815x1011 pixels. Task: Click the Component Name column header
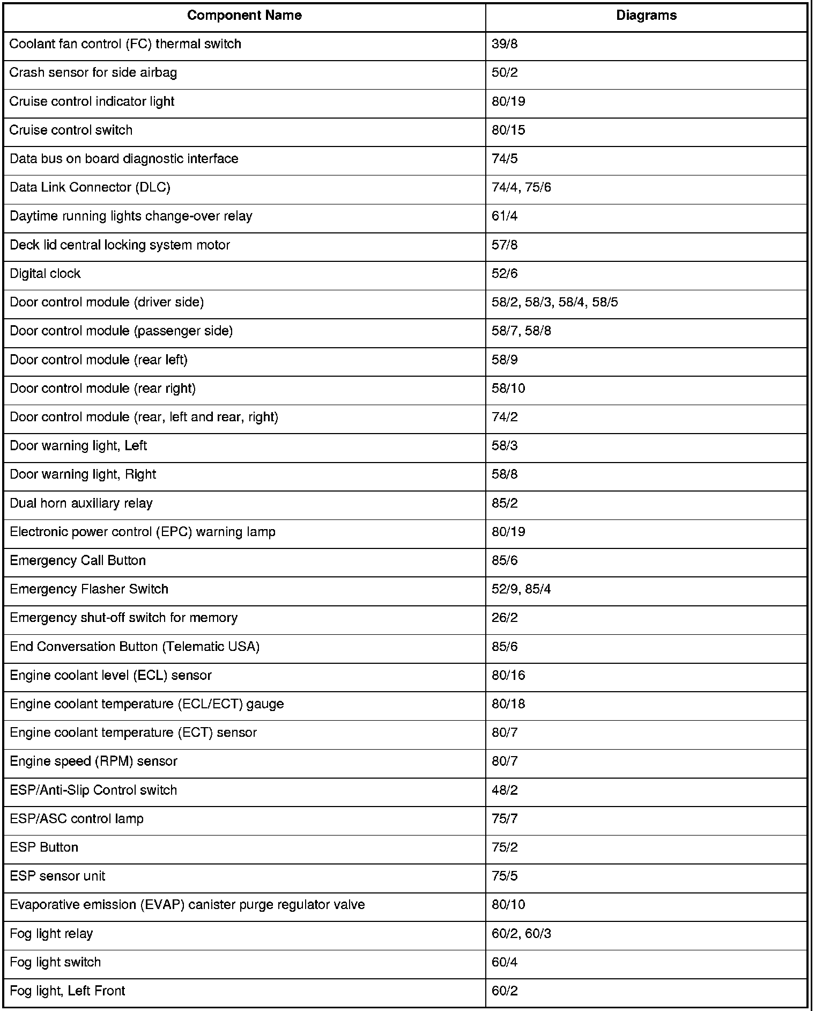pyautogui.click(x=244, y=16)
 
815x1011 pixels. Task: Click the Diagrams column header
pyautogui.click(x=646, y=16)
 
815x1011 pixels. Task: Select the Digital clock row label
pyautogui.click(x=45, y=274)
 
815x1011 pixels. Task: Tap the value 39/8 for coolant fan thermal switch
pyautogui.click(x=505, y=44)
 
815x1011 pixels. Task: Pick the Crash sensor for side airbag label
pyautogui.click(x=93, y=72)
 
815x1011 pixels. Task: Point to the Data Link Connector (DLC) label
pyautogui.click(x=90, y=187)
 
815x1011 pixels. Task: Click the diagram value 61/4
pyautogui.click(x=505, y=216)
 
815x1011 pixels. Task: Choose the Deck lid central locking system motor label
pyautogui.click(x=120, y=245)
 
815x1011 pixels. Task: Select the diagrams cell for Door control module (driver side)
pyautogui.click(x=554, y=303)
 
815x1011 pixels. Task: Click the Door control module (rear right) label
pyautogui.click(x=102, y=389)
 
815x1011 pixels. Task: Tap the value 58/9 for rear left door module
pyautogui.click(x=505, y=360)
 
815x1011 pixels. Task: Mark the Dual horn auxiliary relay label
pyautogui.click(x=81, y=503)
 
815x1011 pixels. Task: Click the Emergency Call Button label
pyautogui.click(x=78, y=561)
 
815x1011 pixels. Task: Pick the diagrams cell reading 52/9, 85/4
pyautogui.click(x=521, y=590)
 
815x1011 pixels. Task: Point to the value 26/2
pyautogui.click(x=505, y=618)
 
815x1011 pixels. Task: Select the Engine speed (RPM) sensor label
pyautogui.click(x=93, y=761)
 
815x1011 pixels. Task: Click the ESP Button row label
pyautogui.click(x=44, y=847)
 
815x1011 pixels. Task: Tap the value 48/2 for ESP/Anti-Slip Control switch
pyautogui.click(x=505, y=790)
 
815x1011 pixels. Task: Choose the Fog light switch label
pyautogui.click(x=55, y=962)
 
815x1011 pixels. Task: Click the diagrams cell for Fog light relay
pyautogui.click(x=521, y=934)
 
